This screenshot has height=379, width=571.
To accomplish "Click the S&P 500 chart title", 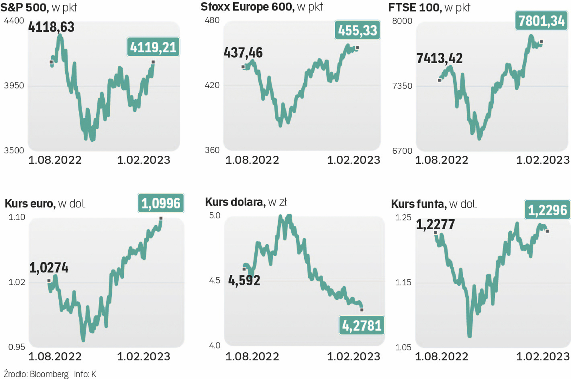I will pyautogui.click(x=39, y=7).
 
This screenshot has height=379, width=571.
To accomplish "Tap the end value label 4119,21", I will pyautogui.click(x=153, y=47).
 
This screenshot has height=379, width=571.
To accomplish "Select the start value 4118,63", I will pyautogui.click(x=51, y=27).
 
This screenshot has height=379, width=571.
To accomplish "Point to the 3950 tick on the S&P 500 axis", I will pyautogui.click(x=14, y=86).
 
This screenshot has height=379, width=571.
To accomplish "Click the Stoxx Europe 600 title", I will pyautogui.click(x=261, y=7).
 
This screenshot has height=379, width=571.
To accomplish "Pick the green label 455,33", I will pyautogui.click(x=357, y=31).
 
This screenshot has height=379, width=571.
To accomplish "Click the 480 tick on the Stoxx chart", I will pyautogui.click(x=212, y=20).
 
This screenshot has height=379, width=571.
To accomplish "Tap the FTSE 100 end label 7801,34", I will pyautogui.click(x=541, y=21).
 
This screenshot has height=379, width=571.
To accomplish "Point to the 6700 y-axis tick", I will pyautogui.click(x=402, y=151).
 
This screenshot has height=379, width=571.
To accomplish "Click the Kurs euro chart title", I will pyautogui.click(x=45, y=204).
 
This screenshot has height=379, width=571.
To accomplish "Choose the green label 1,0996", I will pyautogui.click(x=161, y=204).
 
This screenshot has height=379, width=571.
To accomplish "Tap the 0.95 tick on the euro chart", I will pyautogui.click(x=17, y=347).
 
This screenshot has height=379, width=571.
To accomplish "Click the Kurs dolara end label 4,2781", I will pyautogui.click(x=362, y=326).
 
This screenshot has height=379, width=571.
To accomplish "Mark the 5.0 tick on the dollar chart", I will pyautogui.click(x=215, y=215).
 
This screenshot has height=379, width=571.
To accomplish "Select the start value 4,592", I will pyautogui.click(x=244, y=280).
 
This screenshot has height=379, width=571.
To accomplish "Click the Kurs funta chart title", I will pyautogui.click(x=434, y=204).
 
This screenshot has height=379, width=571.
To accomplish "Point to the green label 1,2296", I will pyautogui.click(x=547, y=210).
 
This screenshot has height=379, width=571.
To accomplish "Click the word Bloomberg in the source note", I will pyautogui.click(x=49, y=374).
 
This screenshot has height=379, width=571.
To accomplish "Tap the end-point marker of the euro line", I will pyautogui.click(x=161, y=218).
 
